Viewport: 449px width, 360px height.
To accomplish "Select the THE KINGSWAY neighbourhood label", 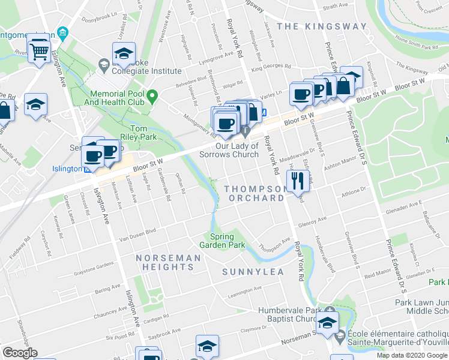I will tap(321, 26).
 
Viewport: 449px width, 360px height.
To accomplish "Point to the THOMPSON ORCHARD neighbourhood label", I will tap(255, 193).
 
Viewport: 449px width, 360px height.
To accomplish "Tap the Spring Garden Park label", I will tap(228, 241).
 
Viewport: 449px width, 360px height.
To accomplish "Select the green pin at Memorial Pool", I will tap(153, 95).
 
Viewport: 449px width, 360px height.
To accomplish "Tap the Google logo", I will tap(20, 353).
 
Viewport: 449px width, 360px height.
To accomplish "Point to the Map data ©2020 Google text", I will tap(412, 355).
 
